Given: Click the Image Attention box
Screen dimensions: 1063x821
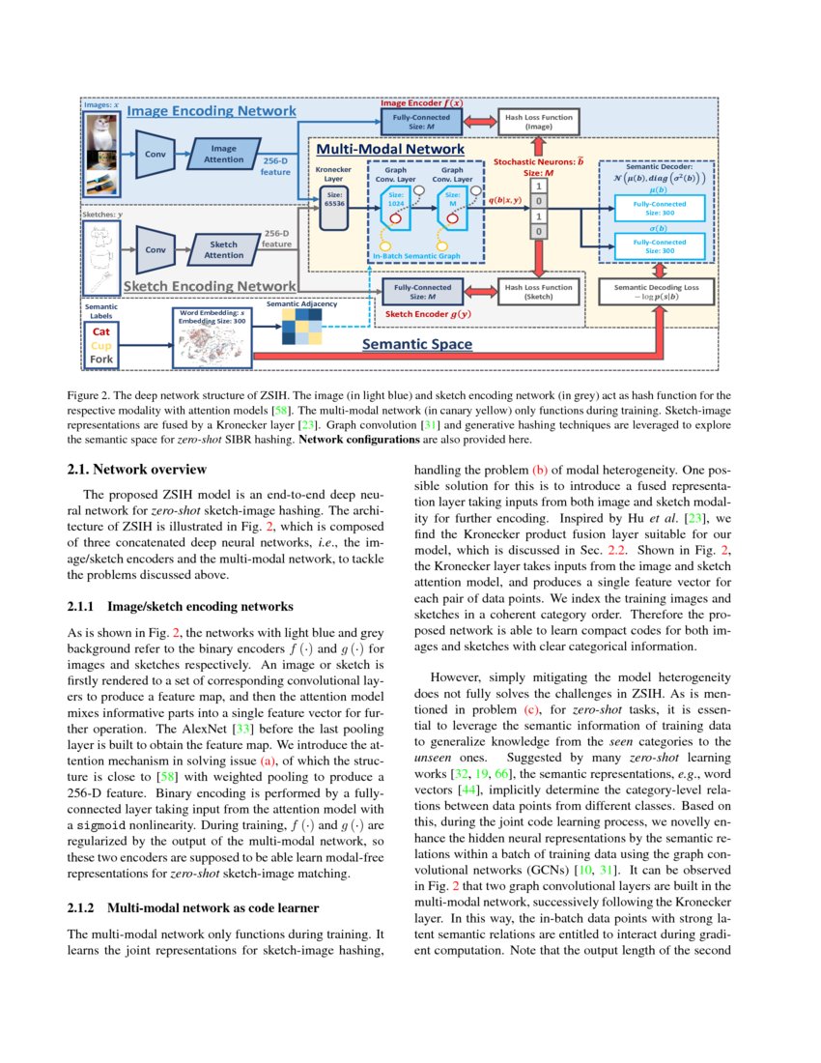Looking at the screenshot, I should click(x=223, y=154).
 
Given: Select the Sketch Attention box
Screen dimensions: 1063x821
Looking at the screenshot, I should click(x=224, y=249).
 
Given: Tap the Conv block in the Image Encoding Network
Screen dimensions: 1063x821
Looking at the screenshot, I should click(x=154, y=154).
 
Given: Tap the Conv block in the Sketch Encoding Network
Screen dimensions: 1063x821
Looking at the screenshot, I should click(x=154, y=248).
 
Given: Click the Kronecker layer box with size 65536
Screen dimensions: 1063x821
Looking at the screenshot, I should click(x=332, y=208).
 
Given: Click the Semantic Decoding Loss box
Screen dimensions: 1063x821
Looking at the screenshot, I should click(x=657, y=291).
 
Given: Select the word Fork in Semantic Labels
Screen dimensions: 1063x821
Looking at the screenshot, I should click(x=101, y=359).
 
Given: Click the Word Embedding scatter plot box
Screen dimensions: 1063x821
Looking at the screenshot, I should click(x=212, y=342).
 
